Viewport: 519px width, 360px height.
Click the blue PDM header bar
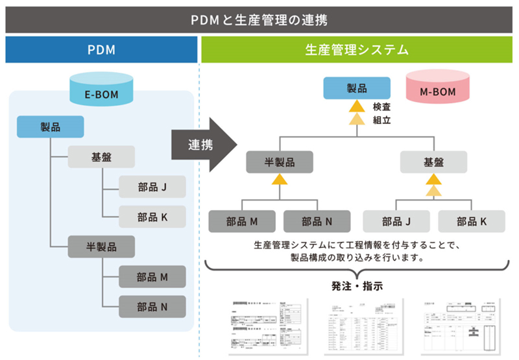click(101, 49)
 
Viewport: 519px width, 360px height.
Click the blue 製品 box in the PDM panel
click(50, 126)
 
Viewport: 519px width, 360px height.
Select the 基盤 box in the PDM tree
click(101, 157)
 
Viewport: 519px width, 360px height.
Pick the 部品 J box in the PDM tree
click(152, 187)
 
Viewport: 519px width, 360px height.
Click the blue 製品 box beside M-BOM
click(357, 88)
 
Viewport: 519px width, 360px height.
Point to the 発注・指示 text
click(357, 285)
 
